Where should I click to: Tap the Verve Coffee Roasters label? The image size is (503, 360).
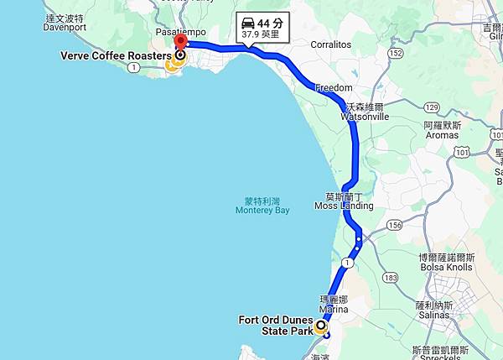point(116,56)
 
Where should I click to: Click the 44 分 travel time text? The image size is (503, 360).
point(272,23)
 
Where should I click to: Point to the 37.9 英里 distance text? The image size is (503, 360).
point(261,36)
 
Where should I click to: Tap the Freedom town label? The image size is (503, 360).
point(333,87)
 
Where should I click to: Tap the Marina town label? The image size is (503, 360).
point(334,309)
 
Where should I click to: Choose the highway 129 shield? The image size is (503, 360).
point(432,107)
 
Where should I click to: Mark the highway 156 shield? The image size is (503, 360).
point(394,225)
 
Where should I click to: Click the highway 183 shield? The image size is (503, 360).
point(389,277)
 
